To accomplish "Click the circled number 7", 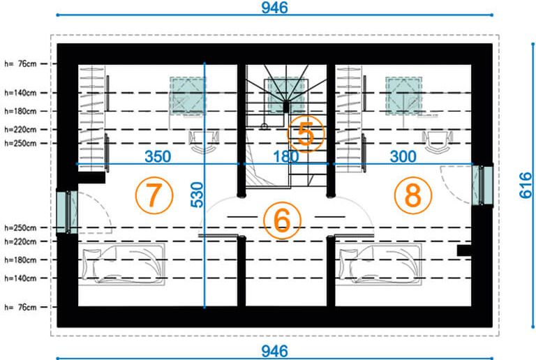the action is click(x=154, y=195).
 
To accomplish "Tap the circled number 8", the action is click(x=413, y=195).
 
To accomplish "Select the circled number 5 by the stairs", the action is click(x=306, y=134).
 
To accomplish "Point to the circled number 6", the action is click(x=282, y=220).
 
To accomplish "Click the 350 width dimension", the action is click(x=158, y=156).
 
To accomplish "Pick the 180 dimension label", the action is click(x=285, y=157).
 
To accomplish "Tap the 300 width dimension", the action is click(x=403, y=156).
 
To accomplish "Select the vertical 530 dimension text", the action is click(x=198, y=195).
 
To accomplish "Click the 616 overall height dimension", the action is click(x=526, y=185).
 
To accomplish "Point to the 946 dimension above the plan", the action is click(x=274, y=8).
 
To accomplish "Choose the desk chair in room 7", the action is click(x=204, y=142).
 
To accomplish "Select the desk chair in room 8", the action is click(x=438, y=142).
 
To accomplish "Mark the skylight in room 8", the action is click(x=403, y=96).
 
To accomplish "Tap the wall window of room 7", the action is click(x=67, y=212).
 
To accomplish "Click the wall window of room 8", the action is click(x=482, y=185).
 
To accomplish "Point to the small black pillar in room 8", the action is click(x=464, y=250).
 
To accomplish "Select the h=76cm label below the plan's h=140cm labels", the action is click(x=20, y=307).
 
